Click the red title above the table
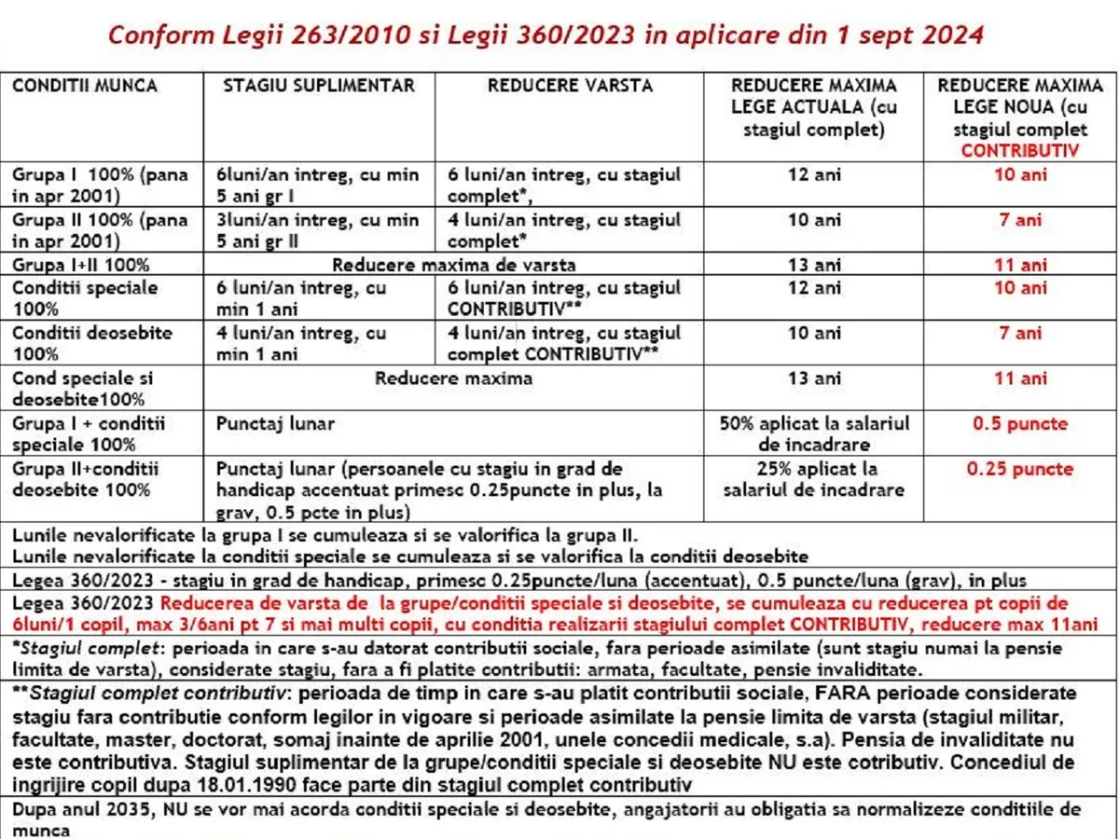pos(546,35)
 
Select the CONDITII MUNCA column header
pos(85,86)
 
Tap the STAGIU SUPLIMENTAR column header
pos(319,86)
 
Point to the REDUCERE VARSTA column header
pos(570,86)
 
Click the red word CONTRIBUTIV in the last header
pos(1020,149)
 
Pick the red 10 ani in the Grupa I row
pos(1020,175)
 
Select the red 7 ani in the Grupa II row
pos(1020,221)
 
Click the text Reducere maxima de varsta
pos(454,266)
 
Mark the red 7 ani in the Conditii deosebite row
pos(1020,334)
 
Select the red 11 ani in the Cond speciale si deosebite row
pos(1020,379)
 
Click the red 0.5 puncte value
pos(1020,424)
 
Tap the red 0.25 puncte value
pos(1020,470)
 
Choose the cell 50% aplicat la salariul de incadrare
pos(814,434)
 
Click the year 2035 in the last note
pos(117,810)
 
